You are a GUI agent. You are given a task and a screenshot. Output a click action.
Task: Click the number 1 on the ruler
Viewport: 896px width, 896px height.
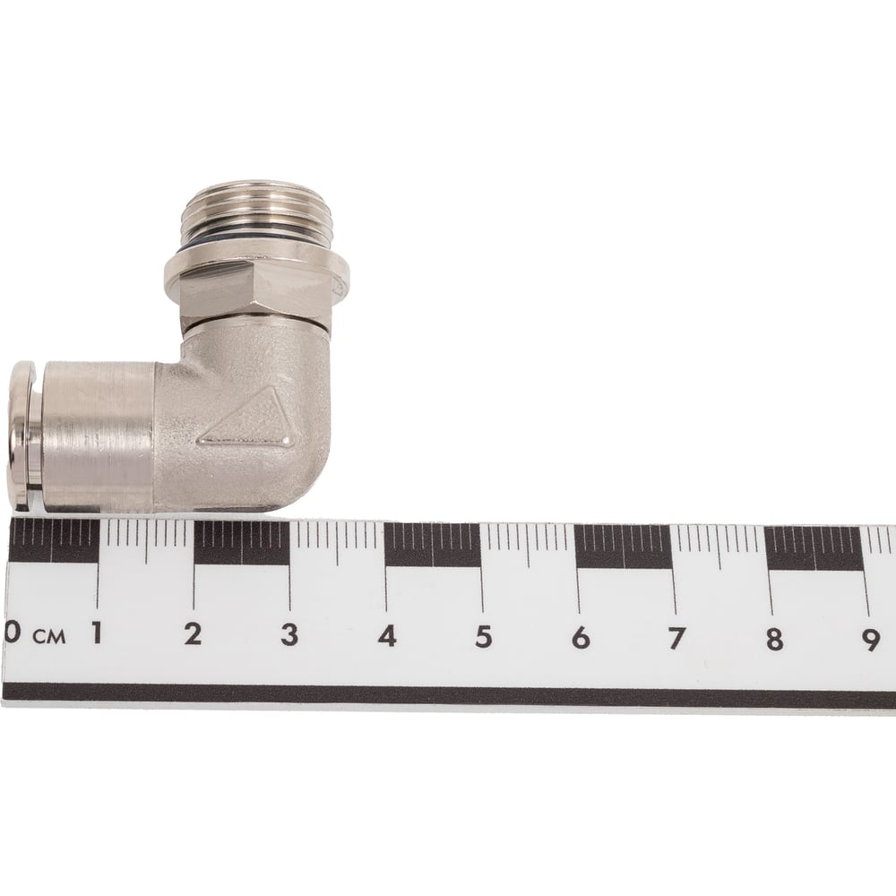tap(97, 633)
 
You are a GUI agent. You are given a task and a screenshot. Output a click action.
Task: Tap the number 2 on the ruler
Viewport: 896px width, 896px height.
tap(193, 633)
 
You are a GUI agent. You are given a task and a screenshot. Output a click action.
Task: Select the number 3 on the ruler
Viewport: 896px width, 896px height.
tap(289, 635)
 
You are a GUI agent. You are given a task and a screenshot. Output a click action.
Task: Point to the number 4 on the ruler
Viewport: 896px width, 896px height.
tap(387, 636)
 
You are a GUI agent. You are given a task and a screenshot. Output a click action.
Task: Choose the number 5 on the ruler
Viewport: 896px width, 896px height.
tap(484, 636)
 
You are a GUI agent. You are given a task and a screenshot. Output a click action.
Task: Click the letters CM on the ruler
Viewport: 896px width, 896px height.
tap(49, 636)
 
